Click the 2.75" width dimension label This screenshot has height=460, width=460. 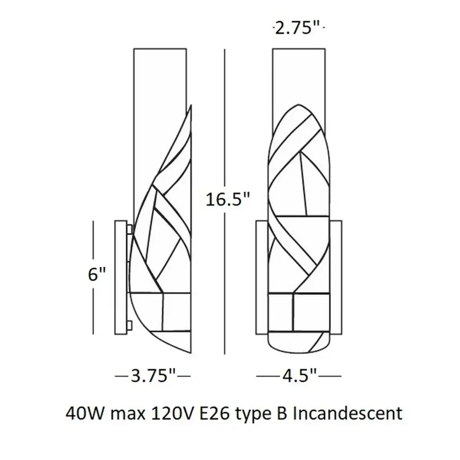tap(296, 28)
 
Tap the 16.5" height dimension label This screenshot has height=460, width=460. tap(227, 199)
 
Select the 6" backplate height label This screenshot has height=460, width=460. tap(97, 274)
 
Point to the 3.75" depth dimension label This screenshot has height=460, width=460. tap(153, 376)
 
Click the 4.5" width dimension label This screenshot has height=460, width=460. tap(299, 376)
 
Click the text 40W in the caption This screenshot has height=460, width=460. tap(84, 413)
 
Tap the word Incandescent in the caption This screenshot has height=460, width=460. tap(348, 413)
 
